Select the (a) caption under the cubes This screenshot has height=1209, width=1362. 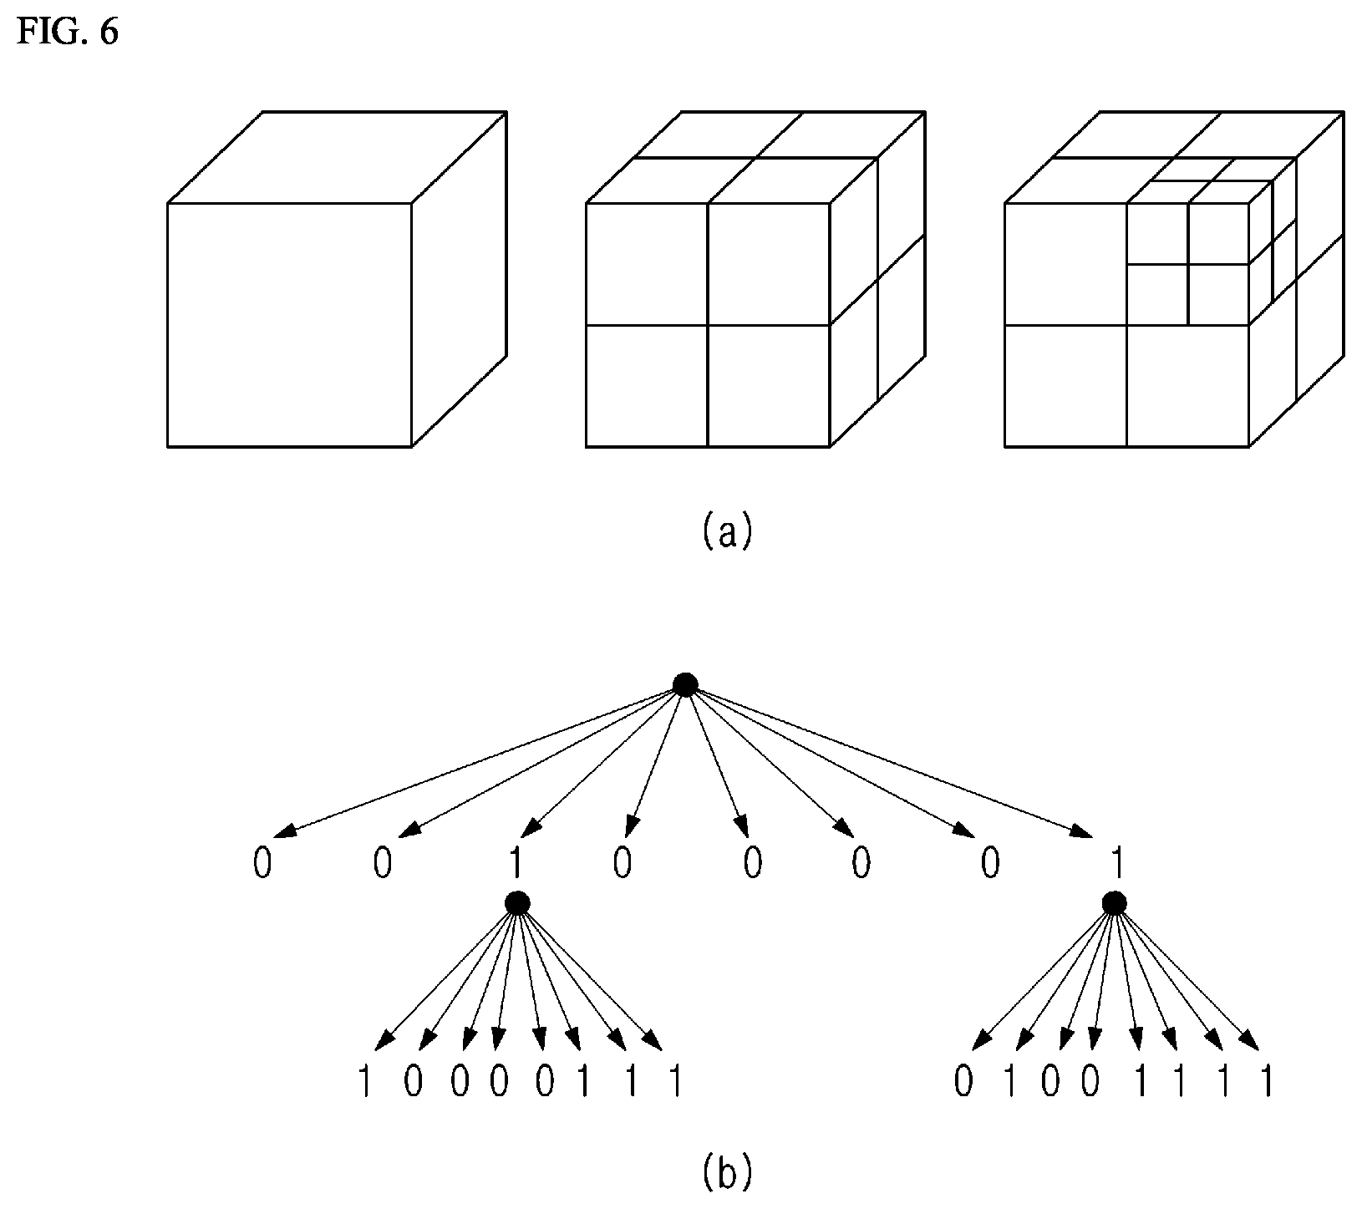[x=726, y=531]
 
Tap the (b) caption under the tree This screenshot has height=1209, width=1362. [x=726, y=1171]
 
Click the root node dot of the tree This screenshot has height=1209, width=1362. [x=685, y=685]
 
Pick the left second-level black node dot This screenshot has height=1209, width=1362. [x=517, y=903]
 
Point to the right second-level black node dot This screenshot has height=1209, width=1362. [x=1114, y=903]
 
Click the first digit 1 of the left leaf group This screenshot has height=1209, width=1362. [x=363, y=1083]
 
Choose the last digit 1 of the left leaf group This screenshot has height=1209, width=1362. [x=674, y=1083]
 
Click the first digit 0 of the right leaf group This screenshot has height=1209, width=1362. [x=963, y=1083]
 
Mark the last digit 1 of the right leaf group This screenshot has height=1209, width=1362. [x=1268, y=1083]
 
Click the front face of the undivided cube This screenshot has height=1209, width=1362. [x=289, y=325]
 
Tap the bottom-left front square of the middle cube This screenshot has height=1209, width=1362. [x=647, y=386]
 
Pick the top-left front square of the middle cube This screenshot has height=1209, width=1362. [x=647, y=264]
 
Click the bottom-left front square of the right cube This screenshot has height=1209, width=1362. [x=1065, y=386]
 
